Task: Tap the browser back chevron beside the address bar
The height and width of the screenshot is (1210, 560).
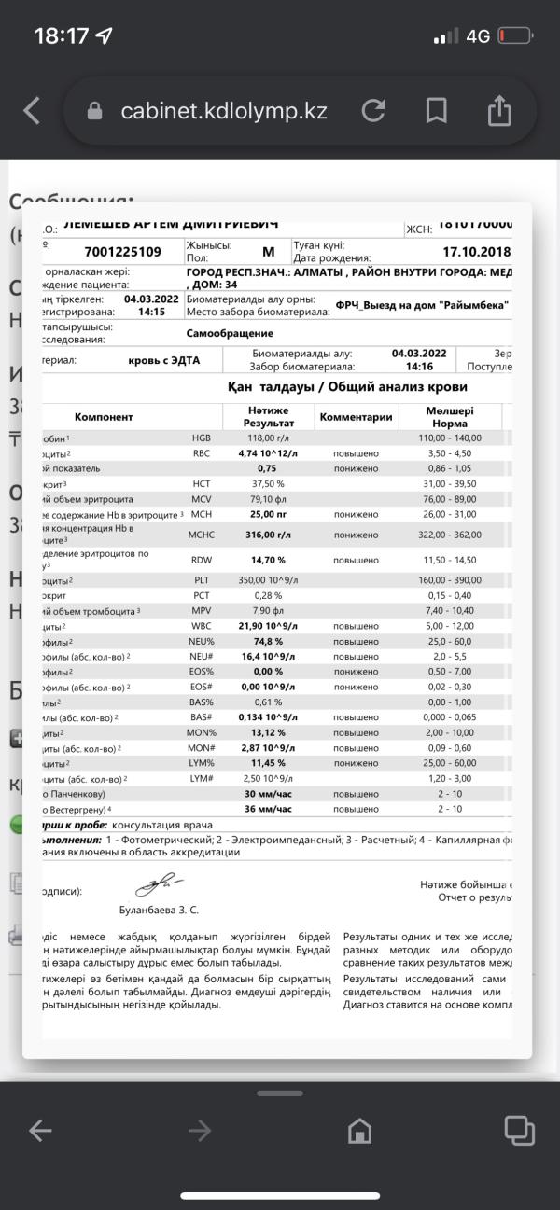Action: [32, 111]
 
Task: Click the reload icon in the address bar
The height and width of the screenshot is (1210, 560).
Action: [373, 111]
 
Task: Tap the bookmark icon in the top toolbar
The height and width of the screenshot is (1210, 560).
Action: [436, 111]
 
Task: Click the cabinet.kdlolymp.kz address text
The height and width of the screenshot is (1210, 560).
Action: [224, 111]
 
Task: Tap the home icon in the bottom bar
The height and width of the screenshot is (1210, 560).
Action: [359, 1131]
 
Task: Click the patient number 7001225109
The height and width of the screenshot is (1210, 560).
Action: [122, 252]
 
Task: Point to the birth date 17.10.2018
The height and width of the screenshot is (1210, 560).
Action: [476, 252]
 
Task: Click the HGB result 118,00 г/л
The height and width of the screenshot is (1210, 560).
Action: [268, 438]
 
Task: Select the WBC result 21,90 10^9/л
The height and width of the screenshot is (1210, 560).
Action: [268, 624]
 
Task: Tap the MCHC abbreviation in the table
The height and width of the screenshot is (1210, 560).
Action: [203, 535]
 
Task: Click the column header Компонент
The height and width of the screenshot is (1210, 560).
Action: [104, 417]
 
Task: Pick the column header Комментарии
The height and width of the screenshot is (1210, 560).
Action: [356, 417]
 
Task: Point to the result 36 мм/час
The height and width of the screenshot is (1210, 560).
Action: [269, 808]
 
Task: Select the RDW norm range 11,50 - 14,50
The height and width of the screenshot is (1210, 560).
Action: [450, 559]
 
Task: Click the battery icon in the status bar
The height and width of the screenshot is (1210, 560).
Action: [514, 36]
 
